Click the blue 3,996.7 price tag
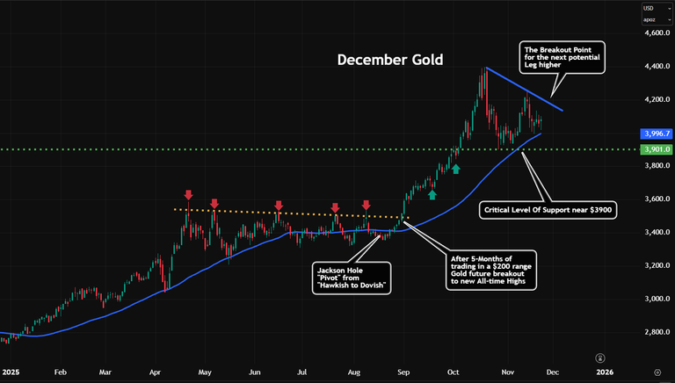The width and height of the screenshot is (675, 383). click(657, 134)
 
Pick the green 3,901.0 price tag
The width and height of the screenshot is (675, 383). click(657, 149)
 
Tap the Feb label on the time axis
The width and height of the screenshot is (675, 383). click(60, 372)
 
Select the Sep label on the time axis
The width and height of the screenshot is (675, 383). click(403, 372)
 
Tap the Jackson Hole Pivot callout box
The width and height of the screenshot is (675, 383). click(350, 276)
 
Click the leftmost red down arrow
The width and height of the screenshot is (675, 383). click(188, 194)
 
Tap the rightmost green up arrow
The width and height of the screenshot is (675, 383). click(457, 167)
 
